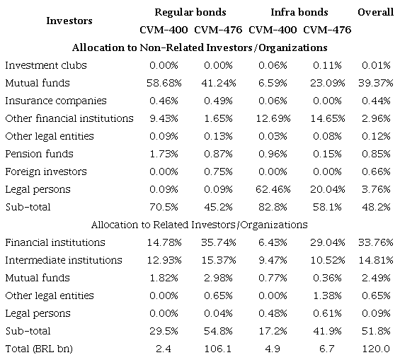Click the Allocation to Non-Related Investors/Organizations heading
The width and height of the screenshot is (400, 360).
point(200,47)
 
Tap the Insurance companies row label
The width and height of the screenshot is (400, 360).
point(55,101)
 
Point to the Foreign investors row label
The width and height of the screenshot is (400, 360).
point(46,171)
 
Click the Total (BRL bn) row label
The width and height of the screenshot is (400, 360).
point(40,349)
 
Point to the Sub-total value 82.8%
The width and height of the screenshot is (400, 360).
point(272,207)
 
